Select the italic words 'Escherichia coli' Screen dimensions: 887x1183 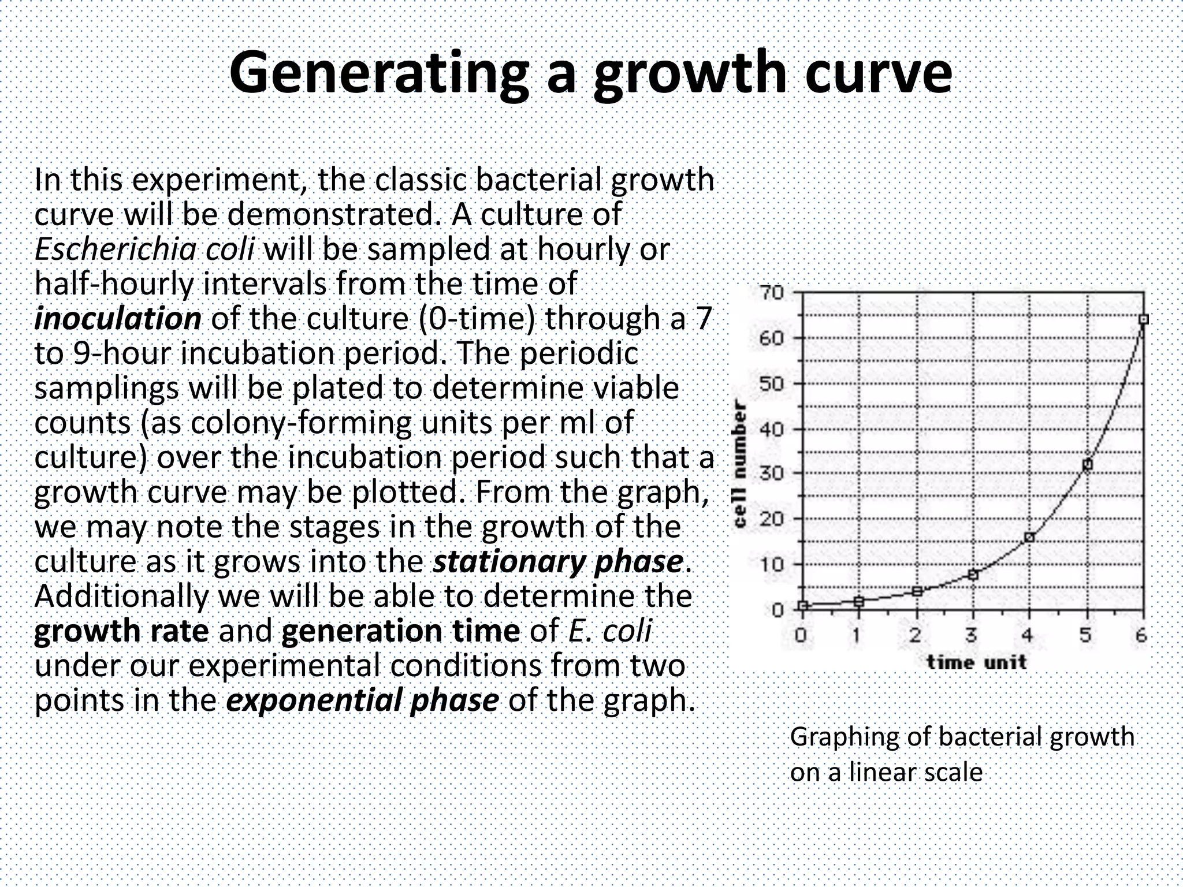coord(144,249)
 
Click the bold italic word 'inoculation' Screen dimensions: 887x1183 coord(118,319)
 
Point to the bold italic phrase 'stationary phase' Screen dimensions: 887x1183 coord(558,562)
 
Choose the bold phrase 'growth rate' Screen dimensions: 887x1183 coord(121,631)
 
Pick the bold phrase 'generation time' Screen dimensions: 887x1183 coord(400,631)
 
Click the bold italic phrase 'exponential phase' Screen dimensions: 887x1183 coord(362,700)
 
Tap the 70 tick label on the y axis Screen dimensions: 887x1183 coord(772,293)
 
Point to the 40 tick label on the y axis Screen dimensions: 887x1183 coord(772,429)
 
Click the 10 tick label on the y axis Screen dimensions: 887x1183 coord(772,564)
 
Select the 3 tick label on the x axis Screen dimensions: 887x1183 coord(972,636)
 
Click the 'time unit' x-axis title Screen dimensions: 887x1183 coord(976,662)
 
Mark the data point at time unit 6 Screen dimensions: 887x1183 coord(1143,319)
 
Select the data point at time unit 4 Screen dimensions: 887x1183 coord(1029,538)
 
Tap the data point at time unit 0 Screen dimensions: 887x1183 coord(802,605)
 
